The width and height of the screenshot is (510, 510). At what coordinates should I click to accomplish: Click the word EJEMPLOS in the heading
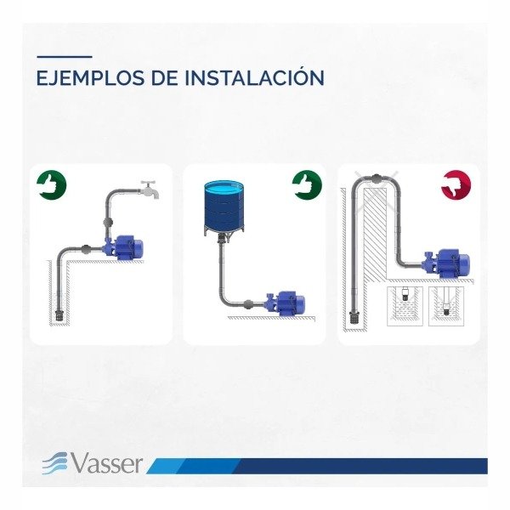[91, 77]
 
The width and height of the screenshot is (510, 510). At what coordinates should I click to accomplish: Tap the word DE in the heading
[165, 77]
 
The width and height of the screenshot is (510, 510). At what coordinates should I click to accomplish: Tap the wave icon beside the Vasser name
[54, 463]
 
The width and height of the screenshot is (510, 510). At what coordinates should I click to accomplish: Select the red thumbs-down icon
[456, 185]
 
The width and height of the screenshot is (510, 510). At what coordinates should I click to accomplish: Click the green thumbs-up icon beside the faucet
[51, 185]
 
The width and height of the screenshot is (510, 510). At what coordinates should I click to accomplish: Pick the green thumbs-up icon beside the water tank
[307, 185]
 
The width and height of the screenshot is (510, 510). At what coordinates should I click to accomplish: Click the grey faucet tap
[150, 189]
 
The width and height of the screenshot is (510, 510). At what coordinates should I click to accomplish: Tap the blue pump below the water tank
[285, 303]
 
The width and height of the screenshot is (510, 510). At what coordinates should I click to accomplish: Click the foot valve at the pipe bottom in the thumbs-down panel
[354, 317]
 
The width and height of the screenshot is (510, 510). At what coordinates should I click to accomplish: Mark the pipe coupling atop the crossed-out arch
[377, 178]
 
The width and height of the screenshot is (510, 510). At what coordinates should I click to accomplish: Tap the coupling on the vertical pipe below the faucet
[108, 223]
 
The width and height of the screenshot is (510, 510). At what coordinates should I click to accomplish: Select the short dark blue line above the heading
[65, 57]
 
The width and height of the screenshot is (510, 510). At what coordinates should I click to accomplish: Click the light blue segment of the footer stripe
[166, 466]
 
